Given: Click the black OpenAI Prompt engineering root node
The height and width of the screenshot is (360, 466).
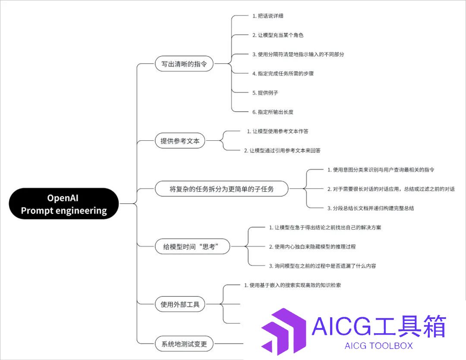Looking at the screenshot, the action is click(x=64, y=204).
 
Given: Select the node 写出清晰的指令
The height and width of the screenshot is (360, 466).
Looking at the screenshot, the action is click(x=184, y=63).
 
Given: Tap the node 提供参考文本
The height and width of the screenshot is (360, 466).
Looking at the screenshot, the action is click(x=180, y=141).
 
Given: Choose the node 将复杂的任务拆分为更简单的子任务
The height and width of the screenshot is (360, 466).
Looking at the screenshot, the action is click(x=222, y=189).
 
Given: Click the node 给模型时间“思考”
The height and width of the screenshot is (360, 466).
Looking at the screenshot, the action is click(x=192, y=246).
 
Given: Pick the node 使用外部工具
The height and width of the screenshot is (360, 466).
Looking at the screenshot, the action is click(x=180, y=304).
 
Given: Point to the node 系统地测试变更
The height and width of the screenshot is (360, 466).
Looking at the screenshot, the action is click(x=184, y=344).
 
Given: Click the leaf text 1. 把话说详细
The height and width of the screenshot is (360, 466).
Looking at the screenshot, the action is click(x=268, y=16).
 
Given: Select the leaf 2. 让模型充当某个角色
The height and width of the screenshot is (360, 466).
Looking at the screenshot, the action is click(x=278, y=35).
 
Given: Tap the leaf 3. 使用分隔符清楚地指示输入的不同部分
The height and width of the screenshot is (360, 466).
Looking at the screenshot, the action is click(x=298, y=54).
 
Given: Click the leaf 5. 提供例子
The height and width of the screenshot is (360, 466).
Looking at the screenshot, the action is click(x=265, y=93).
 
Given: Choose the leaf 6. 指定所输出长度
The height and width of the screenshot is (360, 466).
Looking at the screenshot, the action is click(x=273, y=112).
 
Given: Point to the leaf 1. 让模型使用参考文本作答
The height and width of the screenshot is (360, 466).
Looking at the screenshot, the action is click(x=277, y=131).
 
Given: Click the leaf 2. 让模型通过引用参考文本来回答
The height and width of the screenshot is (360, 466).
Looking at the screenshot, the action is click(x=282, y=150).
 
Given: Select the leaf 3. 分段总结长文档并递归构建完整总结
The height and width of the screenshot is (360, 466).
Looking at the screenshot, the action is click(x=371, y=208).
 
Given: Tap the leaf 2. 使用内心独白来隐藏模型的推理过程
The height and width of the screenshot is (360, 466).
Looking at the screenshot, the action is click(x=312, y=246).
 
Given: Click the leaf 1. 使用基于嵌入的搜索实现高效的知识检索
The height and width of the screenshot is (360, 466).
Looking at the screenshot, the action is click(x=293, y=285).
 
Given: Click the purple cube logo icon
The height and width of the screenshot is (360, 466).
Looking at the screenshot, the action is click(x=284, y=332).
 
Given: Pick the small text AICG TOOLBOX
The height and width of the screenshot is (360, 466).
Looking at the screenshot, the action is click(x=379, y=346).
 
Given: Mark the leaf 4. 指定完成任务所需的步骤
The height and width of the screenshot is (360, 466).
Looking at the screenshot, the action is click(x=283, y=73).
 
